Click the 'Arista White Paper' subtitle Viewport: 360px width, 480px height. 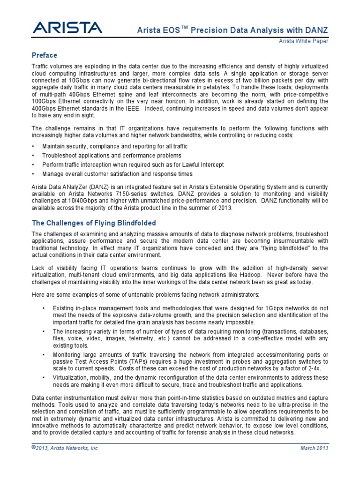click(305, 41)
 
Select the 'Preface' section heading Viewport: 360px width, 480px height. click(45, 55)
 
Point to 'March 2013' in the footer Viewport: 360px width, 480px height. click(314, 448)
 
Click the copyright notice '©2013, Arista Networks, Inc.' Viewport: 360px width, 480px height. click(65, 448)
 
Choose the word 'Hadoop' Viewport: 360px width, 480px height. click(240, 274)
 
